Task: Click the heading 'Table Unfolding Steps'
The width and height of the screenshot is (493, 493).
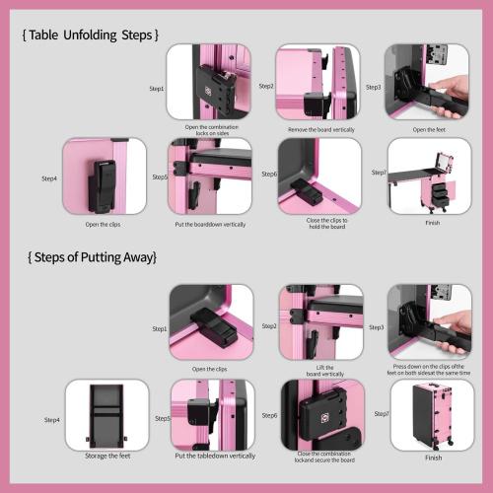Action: (x=89, y=35)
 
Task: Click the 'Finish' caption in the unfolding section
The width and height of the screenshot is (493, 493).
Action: (x=430, y=224)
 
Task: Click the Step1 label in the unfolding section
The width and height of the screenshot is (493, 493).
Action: (x=157, y=88)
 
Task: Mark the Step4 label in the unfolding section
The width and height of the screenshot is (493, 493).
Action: (x=49, y=178)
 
